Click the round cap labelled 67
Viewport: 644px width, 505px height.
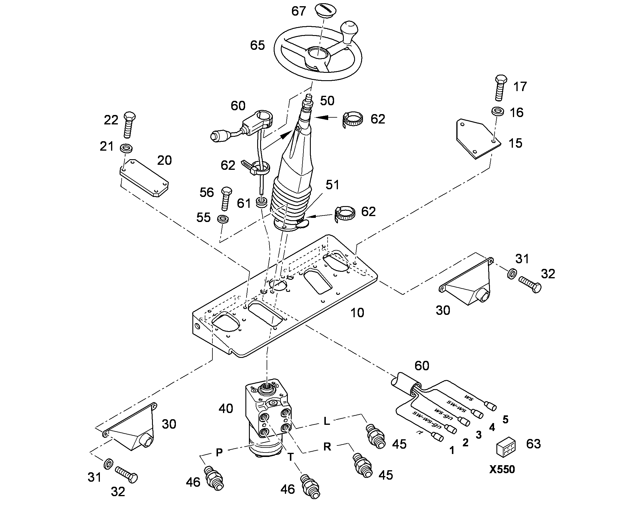pos(325,11)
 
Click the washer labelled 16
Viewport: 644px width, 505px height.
pos(498,111)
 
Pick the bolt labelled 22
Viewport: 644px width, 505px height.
pos(129,125)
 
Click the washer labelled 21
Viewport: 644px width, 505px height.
pos(126,148)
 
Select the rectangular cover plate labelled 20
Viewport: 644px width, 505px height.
pos(144,178)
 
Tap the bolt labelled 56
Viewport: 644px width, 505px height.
pos(226,199)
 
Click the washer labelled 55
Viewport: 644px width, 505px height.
pos(222,219)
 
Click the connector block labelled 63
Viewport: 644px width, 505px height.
pos(506,446)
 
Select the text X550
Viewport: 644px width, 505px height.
pos(502,470)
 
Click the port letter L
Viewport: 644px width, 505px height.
pos(326,421)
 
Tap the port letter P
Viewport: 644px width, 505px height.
pos(219,452)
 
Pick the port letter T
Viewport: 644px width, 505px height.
pos(290,458)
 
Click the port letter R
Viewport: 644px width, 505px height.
pos(327,446)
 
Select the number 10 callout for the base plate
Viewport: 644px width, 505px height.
pos(357,312)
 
